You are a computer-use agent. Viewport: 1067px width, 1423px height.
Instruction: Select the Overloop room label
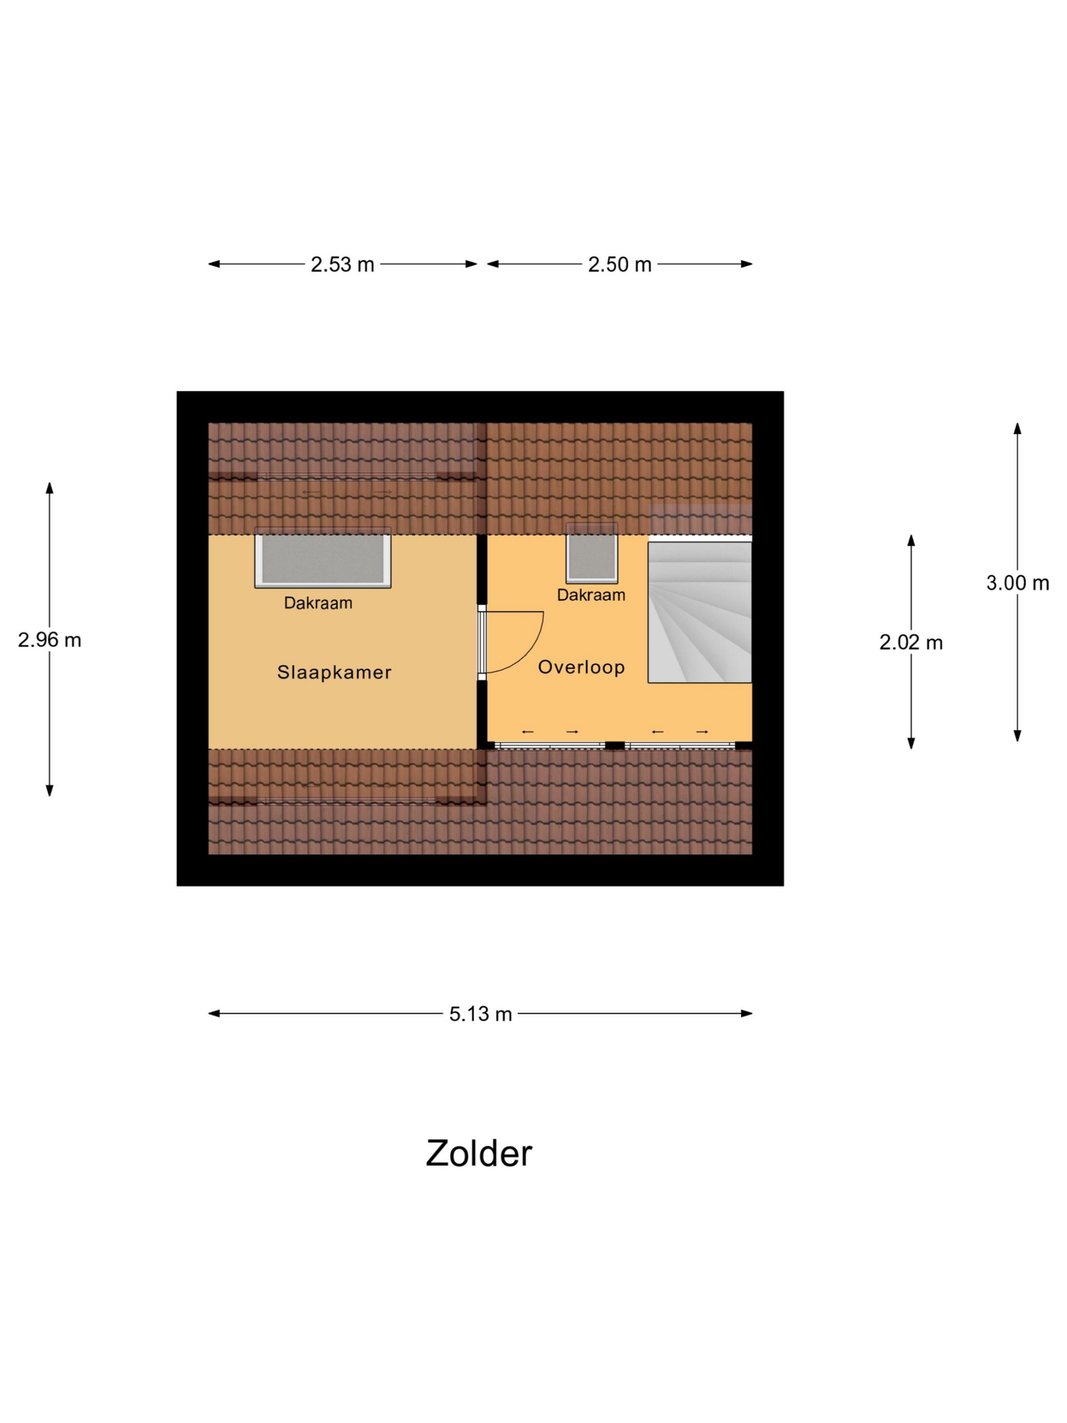(x=581, y=667)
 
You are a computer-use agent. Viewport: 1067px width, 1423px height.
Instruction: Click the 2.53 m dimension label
(x=342, y=265)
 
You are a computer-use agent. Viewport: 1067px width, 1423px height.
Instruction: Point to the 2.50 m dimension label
(x=620, y=265)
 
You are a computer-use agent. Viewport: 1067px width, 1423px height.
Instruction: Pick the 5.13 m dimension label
(x=481, y=1014)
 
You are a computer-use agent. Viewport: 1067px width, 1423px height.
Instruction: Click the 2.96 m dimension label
(x=49, y=640)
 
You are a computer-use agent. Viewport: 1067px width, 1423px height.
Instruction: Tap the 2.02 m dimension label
(x=911, y=642)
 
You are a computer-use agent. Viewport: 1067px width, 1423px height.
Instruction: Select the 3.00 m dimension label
(x=1017, y=583)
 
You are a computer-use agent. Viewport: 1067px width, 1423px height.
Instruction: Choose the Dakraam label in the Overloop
(x=590, y=595)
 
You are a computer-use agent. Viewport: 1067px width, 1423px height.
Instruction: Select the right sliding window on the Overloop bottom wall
(x=680, y=745)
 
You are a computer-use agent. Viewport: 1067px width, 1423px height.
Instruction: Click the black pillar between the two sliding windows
(x=615, y=745)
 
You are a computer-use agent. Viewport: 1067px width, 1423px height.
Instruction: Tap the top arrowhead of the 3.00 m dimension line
(x=1017, y=427)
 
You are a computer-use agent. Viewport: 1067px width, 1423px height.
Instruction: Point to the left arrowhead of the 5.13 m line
(x=213, y=1014)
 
